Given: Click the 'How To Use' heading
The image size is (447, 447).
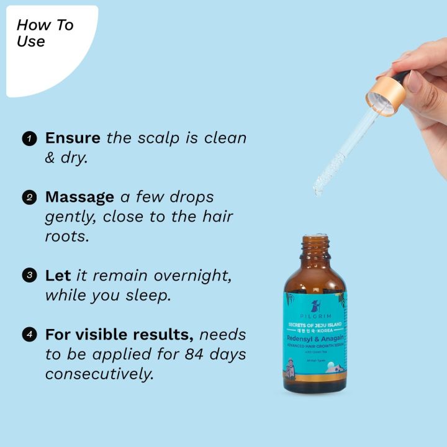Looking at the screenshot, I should point(44,34).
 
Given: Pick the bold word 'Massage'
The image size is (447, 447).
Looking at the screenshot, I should point(79,197).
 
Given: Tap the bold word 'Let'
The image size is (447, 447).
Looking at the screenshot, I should point(58,275).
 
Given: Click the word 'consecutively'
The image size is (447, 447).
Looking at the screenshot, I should point(99,374).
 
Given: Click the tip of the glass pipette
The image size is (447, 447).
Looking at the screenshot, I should point(318,189).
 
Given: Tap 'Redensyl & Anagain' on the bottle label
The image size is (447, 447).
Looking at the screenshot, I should point(315,337).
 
